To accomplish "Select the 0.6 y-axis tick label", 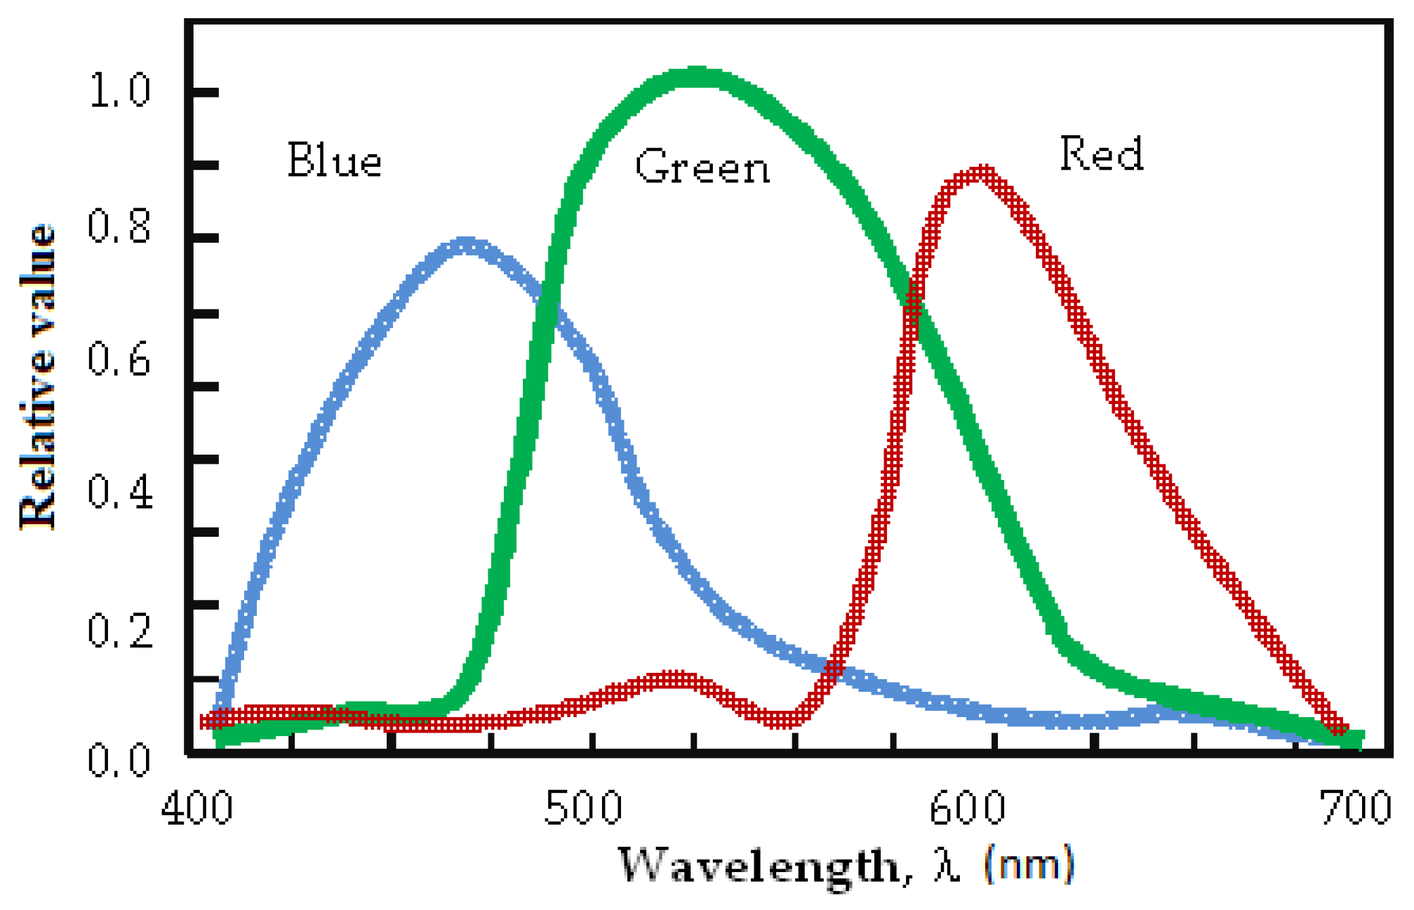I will pos(119,359).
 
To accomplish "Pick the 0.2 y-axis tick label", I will pos(119,629).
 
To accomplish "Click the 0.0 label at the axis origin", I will pos(119,760).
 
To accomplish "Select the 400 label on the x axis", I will pos(197,808).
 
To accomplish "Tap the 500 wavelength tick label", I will pos(583,808).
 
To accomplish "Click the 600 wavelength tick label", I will pos(968,808).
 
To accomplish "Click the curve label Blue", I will pos(335,161).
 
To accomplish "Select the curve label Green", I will pos(702,168).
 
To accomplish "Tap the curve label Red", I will pos(1102,154).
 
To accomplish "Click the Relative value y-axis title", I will pos(36,377).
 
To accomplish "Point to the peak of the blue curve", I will pos(465,246).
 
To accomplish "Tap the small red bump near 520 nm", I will pos(674,679).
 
